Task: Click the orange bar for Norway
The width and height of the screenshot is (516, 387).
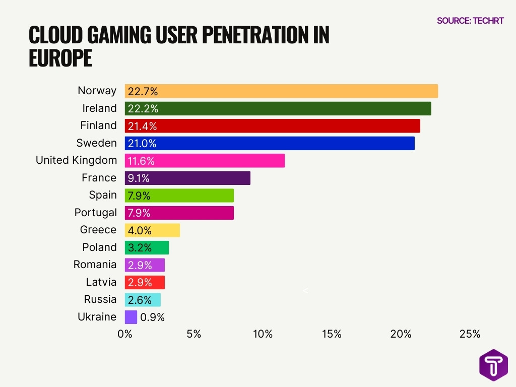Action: tap(281, 91)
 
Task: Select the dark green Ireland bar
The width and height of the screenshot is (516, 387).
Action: tap(278, 108)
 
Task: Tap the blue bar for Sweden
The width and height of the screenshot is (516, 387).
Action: tap(270, 143)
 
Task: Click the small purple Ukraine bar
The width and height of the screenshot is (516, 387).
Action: tap(131, 317)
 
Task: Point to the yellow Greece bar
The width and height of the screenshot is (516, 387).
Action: tap(152, 230)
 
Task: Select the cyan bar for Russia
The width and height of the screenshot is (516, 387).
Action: tap(143, 300)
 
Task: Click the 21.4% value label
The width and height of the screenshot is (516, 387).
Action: tap(143, 126)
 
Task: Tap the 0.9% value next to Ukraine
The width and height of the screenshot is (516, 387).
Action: tap(152, 317)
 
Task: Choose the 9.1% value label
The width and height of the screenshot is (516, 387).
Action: tap(139, 178)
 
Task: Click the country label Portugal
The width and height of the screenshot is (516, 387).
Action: tap(95, 213)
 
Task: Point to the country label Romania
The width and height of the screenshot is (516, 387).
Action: tap(95, 265)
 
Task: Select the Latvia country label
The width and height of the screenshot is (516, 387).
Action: tap(101, 282)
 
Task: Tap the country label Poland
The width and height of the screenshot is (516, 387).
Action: tap(99, 247)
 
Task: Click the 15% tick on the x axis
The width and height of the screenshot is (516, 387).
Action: tap(332, 334)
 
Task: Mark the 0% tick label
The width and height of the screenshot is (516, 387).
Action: tap(124, 334)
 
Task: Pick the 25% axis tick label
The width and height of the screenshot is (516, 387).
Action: tap(470, 334)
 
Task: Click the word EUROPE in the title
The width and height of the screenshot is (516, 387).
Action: tap(60, 58)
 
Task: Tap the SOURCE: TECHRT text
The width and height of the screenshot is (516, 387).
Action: tap(470, 21)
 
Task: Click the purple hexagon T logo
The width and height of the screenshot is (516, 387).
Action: tap(493, 365)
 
